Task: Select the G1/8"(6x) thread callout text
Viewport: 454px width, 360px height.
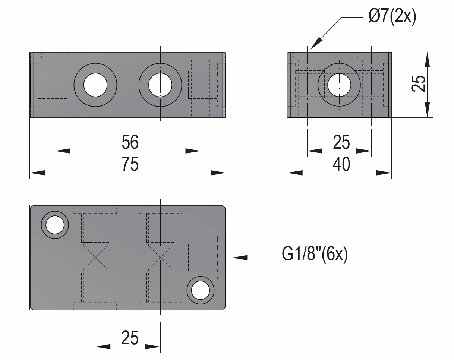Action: pyautogui.click(x=315, y=255)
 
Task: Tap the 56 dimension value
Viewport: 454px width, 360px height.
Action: pyautogui.click(x=130, y=142)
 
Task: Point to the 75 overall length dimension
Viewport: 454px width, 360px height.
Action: pyautogui.click(x=130, y=164)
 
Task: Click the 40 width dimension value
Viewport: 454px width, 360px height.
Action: pyautogui.click(x=341, y=164)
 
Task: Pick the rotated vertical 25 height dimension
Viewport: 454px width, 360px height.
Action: pyautogui.click(x=418, y=83)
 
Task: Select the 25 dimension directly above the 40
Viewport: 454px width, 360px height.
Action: pyautogui.click(x=341, y=142)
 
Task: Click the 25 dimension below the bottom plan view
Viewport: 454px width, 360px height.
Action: pyautogui.click(x=130, y=338)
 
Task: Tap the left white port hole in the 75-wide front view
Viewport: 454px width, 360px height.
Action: pyautogui.click(x=95, y=85)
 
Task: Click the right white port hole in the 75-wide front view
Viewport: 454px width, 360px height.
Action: pyautogui.click(x=160, y=85)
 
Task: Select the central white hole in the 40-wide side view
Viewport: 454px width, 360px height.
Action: pyautogui.click(x=339, y=85)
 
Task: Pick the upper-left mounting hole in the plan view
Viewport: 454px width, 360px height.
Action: pyautogui.click(x=55, y=225)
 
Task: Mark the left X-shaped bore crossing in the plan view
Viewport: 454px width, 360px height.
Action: pyautogui.click(x=95, y=258)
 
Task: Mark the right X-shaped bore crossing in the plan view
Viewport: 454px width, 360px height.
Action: pyautogui.click(x=160, y=258)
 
